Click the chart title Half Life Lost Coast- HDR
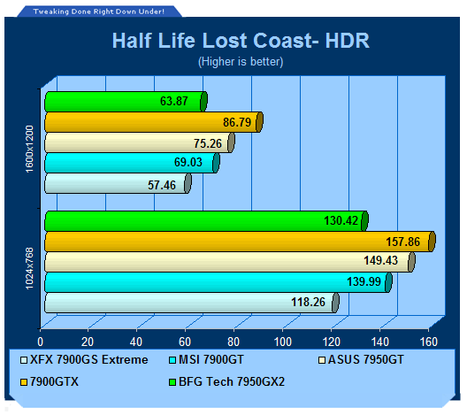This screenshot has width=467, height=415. pos(241,40)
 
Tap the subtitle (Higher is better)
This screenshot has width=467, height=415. pos(241,62)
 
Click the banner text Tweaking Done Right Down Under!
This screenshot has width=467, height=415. pos(99,12)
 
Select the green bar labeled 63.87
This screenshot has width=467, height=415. pos(126,102)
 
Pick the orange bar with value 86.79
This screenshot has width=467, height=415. pos(154,122)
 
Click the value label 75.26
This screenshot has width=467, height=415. pos(208,143)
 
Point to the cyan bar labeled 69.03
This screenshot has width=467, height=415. pos(133,163)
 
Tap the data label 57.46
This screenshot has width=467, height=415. pos(162,185)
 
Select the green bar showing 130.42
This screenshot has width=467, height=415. pos(206,220)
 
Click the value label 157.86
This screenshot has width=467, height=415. pos(402,242)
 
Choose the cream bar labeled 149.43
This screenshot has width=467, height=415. pos(230,262)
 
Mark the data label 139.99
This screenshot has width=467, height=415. pos(364,281)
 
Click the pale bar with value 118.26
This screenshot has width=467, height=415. pos(192,303)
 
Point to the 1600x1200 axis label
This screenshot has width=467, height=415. pos(29,149)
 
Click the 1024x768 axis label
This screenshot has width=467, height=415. pos(29,268)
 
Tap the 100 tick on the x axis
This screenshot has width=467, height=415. pos(283,342)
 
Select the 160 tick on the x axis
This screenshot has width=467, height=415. pos(429,342)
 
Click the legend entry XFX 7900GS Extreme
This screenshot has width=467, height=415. pos(84,359)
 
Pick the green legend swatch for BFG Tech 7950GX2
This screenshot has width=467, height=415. pos(172,382)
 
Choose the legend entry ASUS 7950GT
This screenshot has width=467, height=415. pos(361,359)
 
